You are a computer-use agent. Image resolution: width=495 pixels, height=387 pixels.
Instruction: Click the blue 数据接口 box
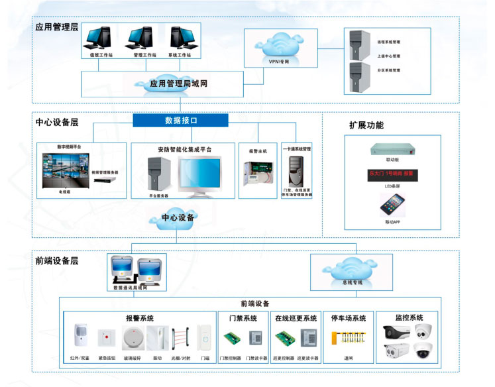[x=180, y=121]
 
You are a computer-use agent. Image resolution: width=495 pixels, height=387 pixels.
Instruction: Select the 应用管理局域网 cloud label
[x=178, y=84]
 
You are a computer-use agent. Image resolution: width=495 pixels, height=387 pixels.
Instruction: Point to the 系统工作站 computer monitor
[x=183, y=38]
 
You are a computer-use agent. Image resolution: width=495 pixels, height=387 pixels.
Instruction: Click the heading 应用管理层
[x=57, y=27]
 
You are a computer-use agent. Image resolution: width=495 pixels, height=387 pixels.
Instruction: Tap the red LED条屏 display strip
[x=392, y=175]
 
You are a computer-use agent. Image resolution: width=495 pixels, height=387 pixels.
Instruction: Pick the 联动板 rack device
[x=392, y=148]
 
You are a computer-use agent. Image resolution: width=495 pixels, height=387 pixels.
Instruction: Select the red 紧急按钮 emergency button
[x=106, y=337]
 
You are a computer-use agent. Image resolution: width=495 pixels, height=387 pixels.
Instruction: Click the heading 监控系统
[x=409, y=317]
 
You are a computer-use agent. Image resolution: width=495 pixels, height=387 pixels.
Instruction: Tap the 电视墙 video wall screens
[x=64, y=168]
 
